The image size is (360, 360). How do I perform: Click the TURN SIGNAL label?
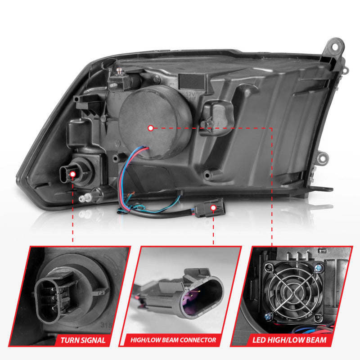click(x=83, y=340)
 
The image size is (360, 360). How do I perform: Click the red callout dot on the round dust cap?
click(x=151, y=128)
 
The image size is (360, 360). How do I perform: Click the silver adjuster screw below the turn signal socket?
click(x=83, y=198)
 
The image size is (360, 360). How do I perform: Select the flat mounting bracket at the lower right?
click(x=320, y=189)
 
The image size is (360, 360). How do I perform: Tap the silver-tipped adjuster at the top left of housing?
click(x=120, y=71)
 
